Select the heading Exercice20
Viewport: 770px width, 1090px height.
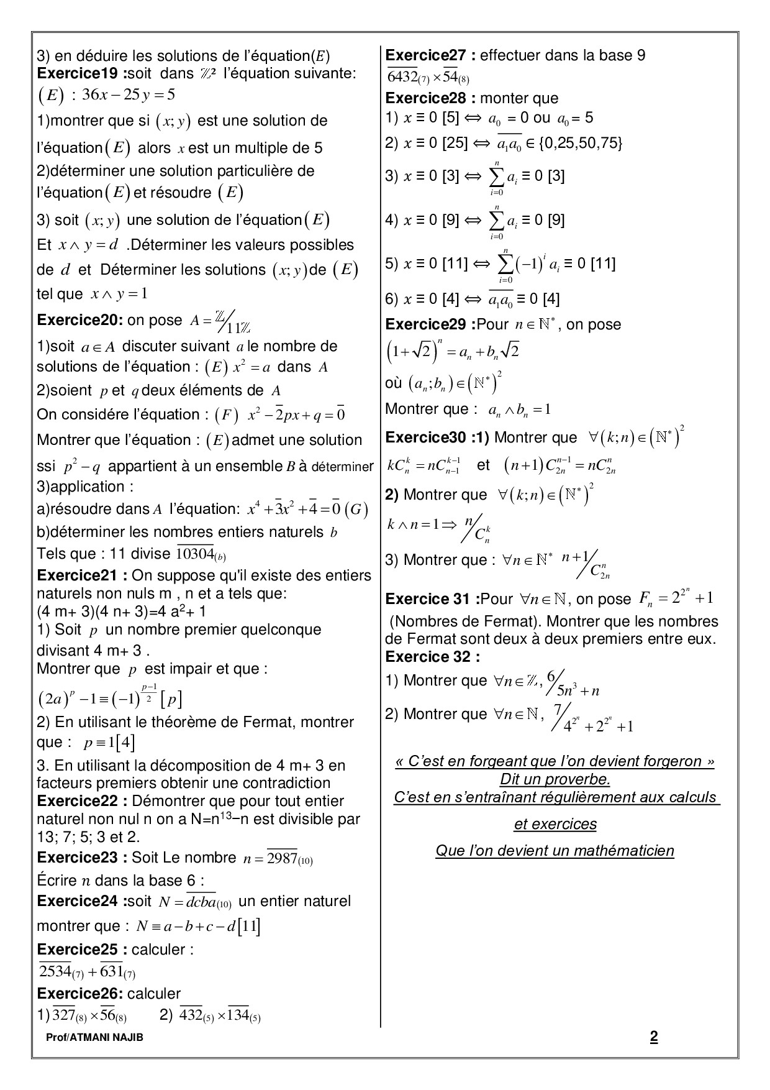pos(80,320)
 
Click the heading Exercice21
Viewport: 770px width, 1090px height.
pos(82,575)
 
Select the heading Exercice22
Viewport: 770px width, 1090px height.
pos(82,801)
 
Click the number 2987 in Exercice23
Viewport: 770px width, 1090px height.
pos(282,858)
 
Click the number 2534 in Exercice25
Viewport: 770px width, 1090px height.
pos(56,971)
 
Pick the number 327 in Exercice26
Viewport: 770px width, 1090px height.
pos(63,1015)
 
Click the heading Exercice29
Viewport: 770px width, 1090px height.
pos(428,324)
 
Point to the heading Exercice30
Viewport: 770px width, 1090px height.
pos(428,437)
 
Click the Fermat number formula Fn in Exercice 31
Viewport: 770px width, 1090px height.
pos(676,598)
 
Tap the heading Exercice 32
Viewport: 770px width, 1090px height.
pos(432,657)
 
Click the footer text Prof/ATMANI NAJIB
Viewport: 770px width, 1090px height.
pos(94,1037)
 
